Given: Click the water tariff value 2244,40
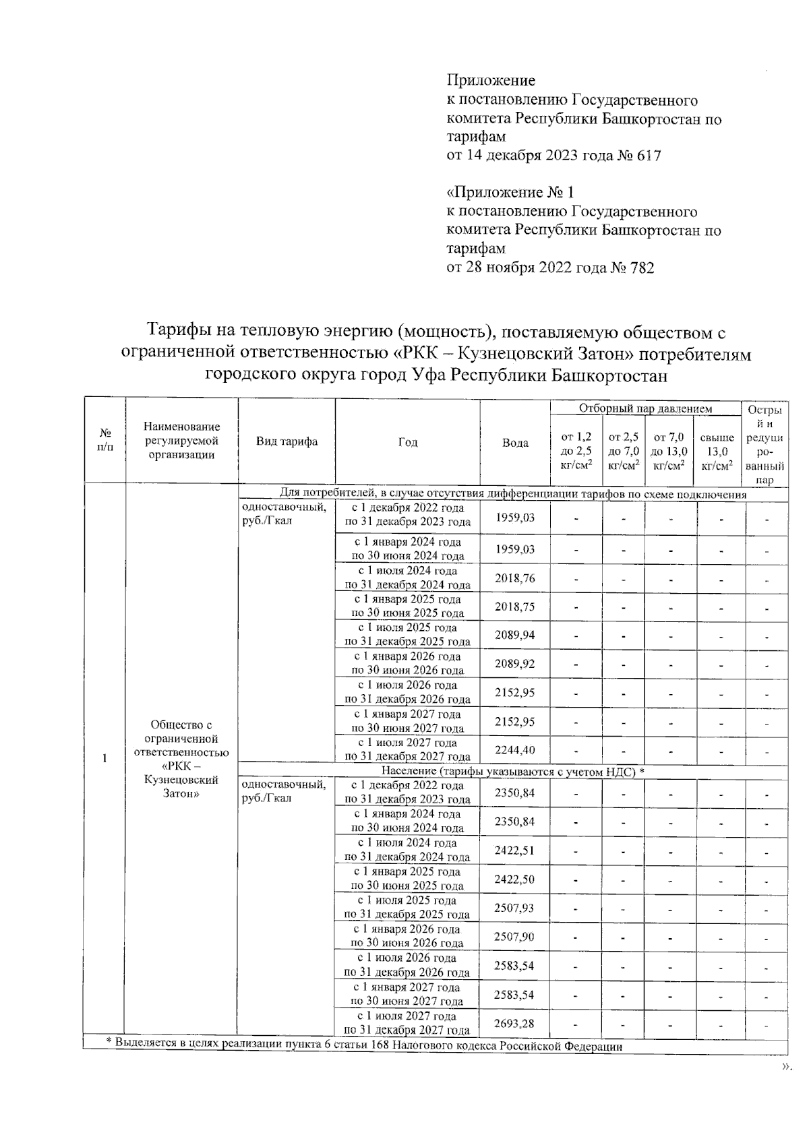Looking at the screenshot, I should [x=514, y=750].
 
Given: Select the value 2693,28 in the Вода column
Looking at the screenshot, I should [x=514, y=1024].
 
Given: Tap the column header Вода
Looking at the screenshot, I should [x=515, y=443].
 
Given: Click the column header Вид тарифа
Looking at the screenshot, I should [x=287, y=442].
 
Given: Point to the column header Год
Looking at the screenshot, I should [x=407, y=442].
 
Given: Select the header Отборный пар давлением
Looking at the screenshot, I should [x=645, y=409].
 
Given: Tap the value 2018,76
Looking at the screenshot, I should [x=514, y=578].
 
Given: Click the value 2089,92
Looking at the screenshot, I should [x=514, y=664].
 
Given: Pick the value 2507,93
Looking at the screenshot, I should [x=514, y=908].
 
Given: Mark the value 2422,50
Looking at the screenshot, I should [x=514, y=879].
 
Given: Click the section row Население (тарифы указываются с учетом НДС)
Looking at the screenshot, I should [x=512, y=772].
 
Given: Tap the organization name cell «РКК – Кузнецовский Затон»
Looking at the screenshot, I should [x=181, y=759].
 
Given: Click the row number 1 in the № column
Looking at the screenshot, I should [x=104, y=759].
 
